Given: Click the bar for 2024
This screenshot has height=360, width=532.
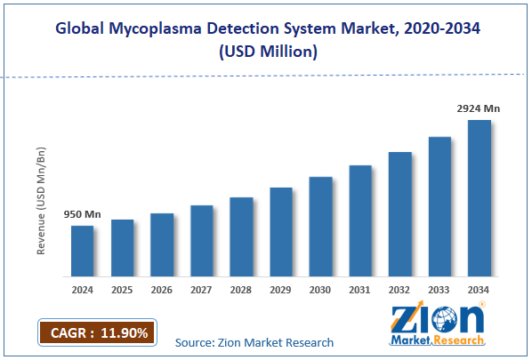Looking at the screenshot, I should [83, 252].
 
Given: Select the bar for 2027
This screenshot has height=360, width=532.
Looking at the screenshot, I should [202, 241].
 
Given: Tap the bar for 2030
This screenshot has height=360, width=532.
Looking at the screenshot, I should [320, 227].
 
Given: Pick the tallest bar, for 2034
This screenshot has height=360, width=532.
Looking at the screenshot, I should [480, 198].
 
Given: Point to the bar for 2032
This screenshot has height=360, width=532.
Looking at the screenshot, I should [400, 214].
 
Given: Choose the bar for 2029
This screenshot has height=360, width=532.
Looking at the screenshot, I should [281, 232].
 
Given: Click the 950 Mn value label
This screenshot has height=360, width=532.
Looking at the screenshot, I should [81, 214].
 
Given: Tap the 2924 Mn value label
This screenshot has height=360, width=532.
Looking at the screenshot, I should [480, 108].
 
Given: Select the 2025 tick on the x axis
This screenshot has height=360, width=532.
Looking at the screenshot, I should [122, 291].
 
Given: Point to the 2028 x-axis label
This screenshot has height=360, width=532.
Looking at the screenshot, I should [241, 291].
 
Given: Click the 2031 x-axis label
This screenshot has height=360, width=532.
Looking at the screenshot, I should [360, 291].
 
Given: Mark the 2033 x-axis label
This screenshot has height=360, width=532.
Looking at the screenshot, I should [439, 291].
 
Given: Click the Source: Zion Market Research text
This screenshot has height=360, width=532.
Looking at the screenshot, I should [254, 342].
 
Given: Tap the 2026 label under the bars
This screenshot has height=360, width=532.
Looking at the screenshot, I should [162, 291].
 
